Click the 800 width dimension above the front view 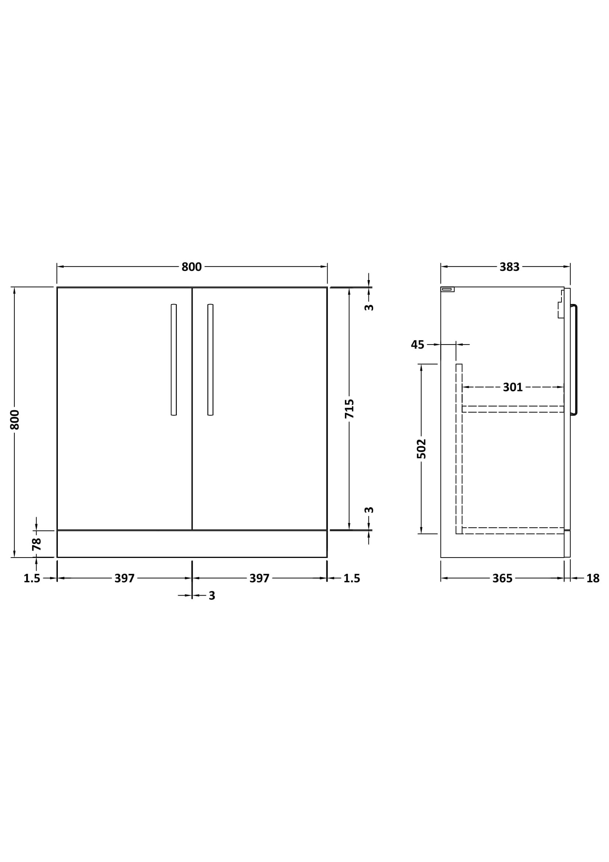tap(192, 266)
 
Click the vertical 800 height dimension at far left tap(15, 420)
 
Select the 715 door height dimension tap(349, 408)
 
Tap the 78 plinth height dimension tap(36, 544)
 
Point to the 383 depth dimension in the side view tap(509, 266)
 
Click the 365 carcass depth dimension tap(502, 579)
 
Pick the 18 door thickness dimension tap(593, 579)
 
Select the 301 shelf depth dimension tap(512, 387)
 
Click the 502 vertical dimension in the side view tap(421, 449)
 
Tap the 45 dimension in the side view tap(418, 344)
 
